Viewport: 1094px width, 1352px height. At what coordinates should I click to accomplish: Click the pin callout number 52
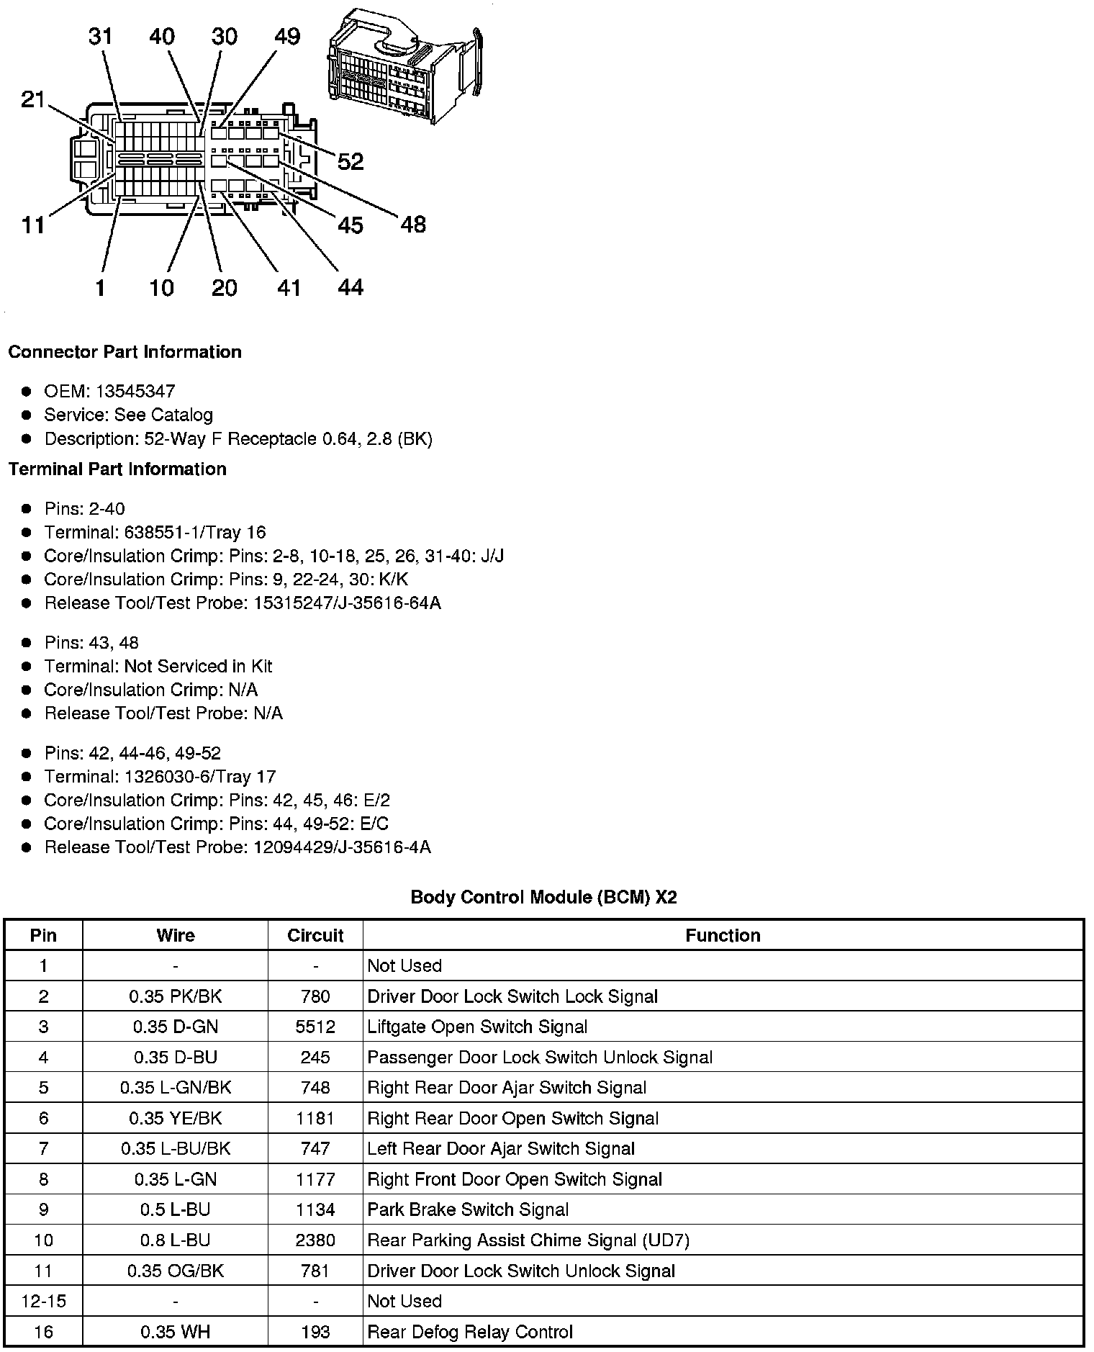pos(351,161)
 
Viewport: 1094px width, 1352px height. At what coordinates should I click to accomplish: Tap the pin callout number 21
pos(33,99)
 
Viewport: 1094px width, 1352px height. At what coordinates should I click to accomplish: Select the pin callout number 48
pos(413,225)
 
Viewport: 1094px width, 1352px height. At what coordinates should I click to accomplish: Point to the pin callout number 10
pos(162,288)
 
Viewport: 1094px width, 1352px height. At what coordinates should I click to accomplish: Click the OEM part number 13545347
pos(135,392)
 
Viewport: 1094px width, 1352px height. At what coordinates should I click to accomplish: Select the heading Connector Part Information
pos(125,352)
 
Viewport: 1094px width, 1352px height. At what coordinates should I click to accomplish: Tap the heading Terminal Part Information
pos(117,469)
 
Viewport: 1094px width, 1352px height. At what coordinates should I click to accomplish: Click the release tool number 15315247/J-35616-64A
pos(347,603)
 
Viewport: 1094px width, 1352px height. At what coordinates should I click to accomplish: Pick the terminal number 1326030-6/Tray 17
pos(200,777)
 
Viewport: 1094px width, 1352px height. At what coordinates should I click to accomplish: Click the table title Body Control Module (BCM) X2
pos(543,897)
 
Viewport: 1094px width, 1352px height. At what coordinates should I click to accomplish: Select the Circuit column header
pos(315,935)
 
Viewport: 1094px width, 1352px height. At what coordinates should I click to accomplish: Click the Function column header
pos(723,935)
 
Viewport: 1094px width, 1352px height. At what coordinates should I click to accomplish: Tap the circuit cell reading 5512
pos(315,1027)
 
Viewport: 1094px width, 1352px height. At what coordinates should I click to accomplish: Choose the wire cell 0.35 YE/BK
pos(176,1118)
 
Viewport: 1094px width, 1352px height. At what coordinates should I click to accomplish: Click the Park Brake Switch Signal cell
pos(468,1209)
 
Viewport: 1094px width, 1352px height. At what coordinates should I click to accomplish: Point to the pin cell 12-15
pos(43,1301)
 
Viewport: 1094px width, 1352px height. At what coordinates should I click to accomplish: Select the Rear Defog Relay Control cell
pos(470,1332)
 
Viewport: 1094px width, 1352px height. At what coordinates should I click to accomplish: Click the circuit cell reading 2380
pos(315,1240)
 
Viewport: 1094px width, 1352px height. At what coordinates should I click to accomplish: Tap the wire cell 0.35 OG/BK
pos(176,1271)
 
